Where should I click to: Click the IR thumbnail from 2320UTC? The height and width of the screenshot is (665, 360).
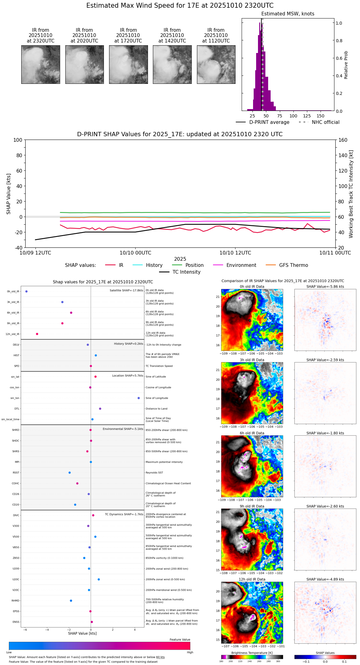tap(41, 64)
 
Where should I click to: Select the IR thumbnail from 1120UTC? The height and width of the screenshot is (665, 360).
tap(216, 64)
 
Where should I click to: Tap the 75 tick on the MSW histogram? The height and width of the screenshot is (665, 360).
tap(280, 116)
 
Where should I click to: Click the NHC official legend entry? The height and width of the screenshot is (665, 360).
tap(319, 122)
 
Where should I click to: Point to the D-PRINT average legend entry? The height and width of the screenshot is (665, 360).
tap(263, 122)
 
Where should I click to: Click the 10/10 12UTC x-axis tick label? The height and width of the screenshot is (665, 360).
tap(235, 253)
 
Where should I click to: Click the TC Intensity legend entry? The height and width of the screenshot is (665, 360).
tap(180, 272)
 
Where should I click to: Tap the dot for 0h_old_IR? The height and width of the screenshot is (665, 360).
tap(27, 291)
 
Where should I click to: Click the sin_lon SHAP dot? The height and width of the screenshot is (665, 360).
tap(139, 398)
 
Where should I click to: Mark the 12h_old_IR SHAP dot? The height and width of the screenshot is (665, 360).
tap(37, 334)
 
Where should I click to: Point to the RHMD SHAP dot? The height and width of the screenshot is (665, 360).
tap(71, 601)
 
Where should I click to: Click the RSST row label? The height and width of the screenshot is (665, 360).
tap(16, 473)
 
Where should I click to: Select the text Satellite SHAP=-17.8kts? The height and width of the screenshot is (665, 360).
tap(126, 290)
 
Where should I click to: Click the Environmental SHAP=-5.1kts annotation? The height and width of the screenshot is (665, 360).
tap(123, 429)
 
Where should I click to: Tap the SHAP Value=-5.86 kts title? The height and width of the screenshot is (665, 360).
tap(325, 287)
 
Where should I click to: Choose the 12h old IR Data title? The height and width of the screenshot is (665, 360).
tap(252, 579)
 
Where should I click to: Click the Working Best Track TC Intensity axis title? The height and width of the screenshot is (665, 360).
tap(351, 194)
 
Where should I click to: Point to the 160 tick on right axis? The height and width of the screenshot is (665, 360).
tap(343, 140)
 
